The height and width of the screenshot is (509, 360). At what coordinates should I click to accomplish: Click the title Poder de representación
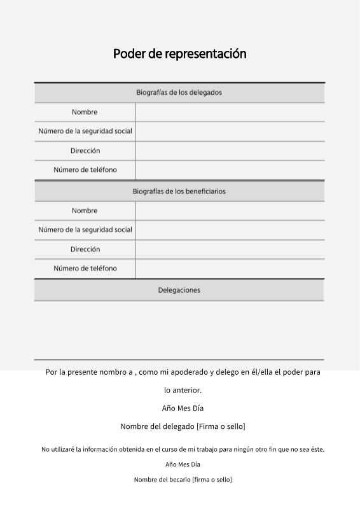coord(179,53)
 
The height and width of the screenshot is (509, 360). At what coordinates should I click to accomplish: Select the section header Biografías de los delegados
coord(179,92)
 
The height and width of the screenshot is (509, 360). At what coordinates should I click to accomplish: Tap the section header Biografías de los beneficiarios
coord(179,191)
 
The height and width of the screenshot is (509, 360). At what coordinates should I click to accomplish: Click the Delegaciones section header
coord(179,290)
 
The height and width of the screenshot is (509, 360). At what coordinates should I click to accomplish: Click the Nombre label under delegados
coord(85,112)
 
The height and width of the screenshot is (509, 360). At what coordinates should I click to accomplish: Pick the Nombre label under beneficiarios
coord(85,211)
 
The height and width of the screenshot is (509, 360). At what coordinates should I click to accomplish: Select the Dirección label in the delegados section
coord(85,151)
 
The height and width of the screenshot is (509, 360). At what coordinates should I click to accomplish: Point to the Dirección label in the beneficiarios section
coord(85,249)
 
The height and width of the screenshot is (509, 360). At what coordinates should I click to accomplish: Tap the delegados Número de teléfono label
coord(85,170)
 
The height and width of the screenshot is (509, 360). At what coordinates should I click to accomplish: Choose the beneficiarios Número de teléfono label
coord(85,268)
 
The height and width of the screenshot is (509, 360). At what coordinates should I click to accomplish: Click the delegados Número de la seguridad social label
coord(85,131)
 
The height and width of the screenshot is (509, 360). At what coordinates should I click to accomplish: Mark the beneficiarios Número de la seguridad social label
coord(85,230)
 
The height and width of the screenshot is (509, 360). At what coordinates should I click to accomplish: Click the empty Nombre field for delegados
coord(230,112)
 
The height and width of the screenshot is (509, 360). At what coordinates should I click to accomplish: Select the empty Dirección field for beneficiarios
coord(230,249)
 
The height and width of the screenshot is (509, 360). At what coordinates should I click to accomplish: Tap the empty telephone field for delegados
coord(230,170)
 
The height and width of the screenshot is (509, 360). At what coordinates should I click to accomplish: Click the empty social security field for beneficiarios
coord(230,230)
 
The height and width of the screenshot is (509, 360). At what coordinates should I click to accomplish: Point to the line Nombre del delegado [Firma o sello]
coord(183,426)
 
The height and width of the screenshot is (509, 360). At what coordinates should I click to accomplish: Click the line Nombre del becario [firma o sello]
coord(183,479)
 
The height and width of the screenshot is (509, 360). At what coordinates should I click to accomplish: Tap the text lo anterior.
coord(183,390)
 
